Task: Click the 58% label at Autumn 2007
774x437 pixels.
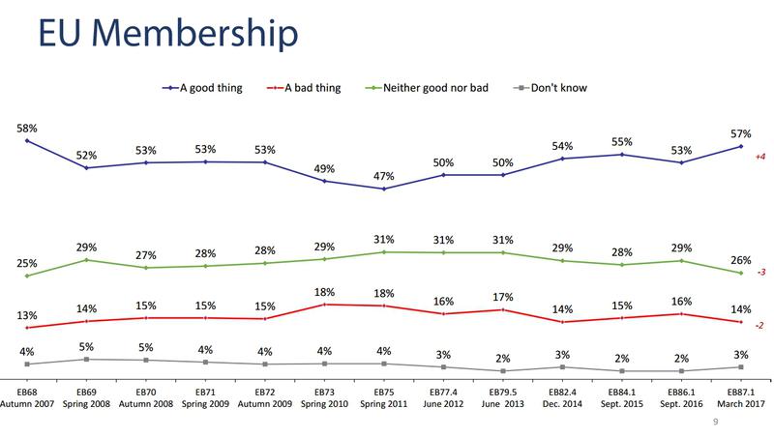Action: [27, 128]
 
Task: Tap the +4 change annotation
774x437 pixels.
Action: [760, 156]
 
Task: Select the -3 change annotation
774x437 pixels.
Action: [760, 275]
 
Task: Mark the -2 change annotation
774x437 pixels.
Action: [760, 325]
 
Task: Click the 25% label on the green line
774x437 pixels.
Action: [27, 264]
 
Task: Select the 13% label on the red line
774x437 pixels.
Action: [27, 315]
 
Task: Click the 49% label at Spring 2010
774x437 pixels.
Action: [325, 168]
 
